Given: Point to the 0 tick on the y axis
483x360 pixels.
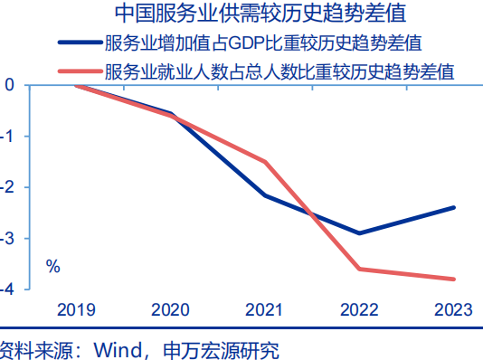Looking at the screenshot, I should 9,85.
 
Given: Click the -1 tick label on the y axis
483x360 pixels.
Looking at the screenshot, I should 7,136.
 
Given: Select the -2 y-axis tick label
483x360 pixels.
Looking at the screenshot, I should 7,187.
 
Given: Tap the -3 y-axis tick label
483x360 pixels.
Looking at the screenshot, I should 7,238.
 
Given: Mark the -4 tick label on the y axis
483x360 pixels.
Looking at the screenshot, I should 7,289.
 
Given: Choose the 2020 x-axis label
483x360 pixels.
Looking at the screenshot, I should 170,309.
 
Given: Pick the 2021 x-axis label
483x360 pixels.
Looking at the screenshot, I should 265,309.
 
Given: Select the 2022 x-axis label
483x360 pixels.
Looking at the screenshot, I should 359,309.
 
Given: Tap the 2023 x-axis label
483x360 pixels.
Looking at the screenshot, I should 453,309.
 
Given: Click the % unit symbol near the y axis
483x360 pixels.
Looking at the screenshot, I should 53,267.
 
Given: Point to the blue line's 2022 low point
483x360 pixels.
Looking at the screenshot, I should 360,233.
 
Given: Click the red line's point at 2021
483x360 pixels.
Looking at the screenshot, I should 265,162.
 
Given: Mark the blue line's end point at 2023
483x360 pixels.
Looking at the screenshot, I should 454,207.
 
